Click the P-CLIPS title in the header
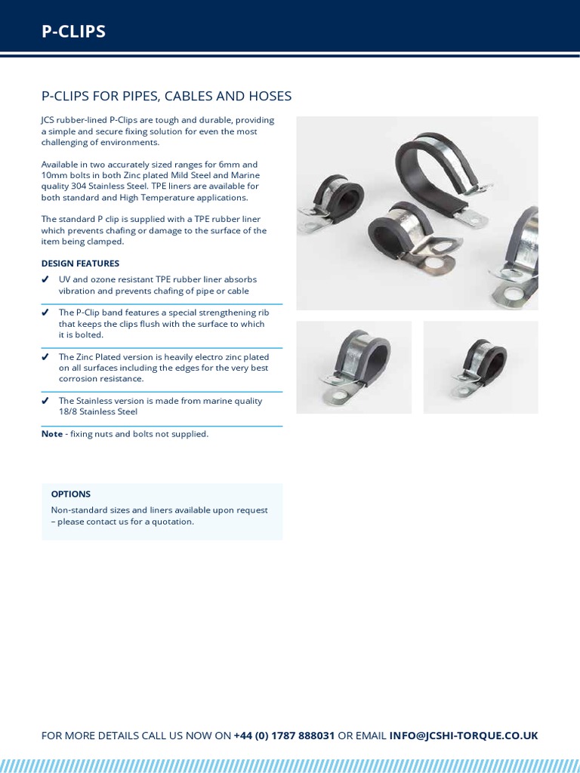tap(73, 31)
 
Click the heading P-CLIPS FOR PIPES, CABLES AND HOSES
tap(166, 96)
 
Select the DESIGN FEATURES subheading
tap(80, 263)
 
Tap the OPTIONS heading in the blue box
tap(70, 494)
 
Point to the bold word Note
tap(52, 434)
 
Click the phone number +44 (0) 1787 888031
tap(284, 735)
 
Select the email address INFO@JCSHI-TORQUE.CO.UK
tap(463, 735)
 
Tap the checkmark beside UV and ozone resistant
tap(46, 280)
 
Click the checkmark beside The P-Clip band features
tap(46, 313)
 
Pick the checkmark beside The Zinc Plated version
tap(46, 356)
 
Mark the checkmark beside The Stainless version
tap(46, 401)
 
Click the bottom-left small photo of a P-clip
tap(353, 367)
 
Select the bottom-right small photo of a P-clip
tap(480, 367)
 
